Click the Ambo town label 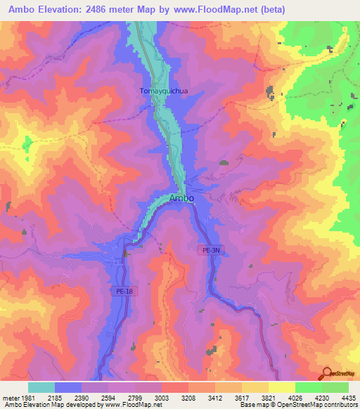182,198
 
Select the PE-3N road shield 204,249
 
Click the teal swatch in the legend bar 41,387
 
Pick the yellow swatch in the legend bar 282,387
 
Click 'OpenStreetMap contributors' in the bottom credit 320,405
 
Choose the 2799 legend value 136,398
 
